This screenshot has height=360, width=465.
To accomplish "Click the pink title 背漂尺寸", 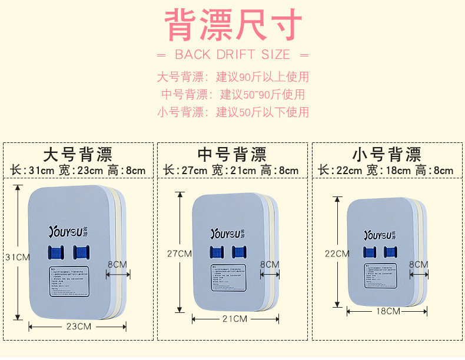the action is [x=232, y=25].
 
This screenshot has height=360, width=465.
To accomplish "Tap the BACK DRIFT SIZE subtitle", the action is [x=232, y=55].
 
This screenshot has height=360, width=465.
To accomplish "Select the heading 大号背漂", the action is [x=78, y=155].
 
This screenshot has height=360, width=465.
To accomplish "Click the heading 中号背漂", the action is [x=232, y=155].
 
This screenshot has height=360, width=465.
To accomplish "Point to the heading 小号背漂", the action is [x=387, y=155].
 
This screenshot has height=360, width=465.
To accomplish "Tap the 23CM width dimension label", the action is [x=78, y=326].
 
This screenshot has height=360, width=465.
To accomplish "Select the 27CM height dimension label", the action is [x=179, y=254].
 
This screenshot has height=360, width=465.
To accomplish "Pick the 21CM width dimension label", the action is [x=234, y=319].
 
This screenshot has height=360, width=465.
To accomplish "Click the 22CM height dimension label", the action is [x=336, y=254].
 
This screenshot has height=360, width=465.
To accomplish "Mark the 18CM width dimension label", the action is [x=389, y=311].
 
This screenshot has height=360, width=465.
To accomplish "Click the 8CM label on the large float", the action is [x=117, y=265].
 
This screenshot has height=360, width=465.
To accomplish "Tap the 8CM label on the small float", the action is [x=418, y=265].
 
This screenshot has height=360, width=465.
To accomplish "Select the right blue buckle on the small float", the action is [x=390, y=252].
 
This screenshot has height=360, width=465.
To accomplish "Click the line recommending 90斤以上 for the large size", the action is [x=232, y=77].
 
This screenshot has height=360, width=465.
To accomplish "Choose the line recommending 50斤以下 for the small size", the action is [x=232, y=112].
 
